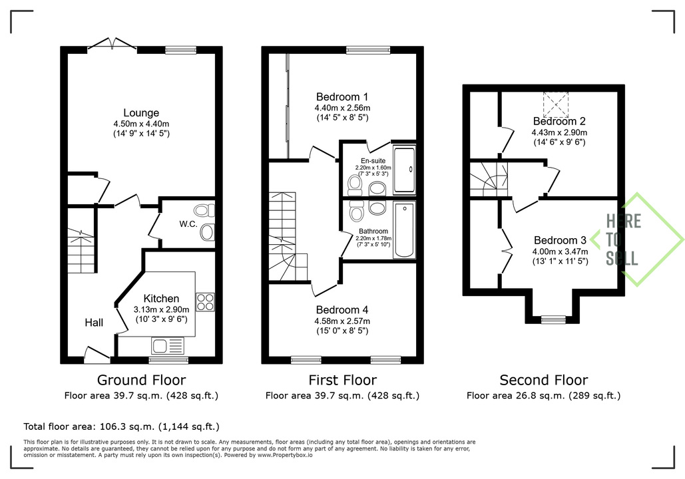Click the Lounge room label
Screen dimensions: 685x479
coord(141,112)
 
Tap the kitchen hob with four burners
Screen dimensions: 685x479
coord(205,302)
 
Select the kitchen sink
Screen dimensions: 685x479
coord(168,346)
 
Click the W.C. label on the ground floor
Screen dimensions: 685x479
coord(188,224)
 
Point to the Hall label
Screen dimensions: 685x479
coord(94,323)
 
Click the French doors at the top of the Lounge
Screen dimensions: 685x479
coord(113,45)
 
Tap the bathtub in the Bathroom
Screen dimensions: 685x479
coord(404,230)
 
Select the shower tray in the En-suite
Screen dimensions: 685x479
coord(404,170)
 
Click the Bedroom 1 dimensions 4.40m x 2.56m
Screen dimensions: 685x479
coord(342,108)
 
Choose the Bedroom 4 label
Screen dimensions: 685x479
coord(342,309)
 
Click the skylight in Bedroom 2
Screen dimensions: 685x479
coord(556,105)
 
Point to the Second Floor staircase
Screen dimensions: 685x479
coord(489,180)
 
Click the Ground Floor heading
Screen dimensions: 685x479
coord(141,380)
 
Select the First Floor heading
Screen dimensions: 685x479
coord(342,380)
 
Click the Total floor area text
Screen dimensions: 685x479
coord(121,426)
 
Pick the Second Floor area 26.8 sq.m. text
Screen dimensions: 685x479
coord(543,396)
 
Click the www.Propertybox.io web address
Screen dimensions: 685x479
coord(285,455)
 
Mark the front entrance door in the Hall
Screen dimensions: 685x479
coord(97,354)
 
